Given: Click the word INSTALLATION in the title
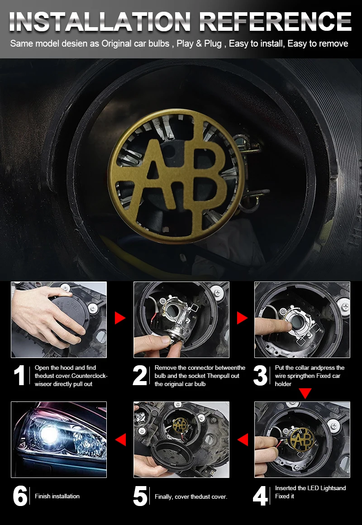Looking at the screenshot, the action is click(x=100, y=22).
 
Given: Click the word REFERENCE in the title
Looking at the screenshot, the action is click(x=275, y=22).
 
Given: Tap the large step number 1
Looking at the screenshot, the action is click(x=19, y=375).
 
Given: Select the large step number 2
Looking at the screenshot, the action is click(x=140, y=375).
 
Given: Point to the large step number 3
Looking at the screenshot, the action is click(x=260, y=375).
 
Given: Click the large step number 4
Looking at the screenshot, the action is click(x=260, y=496).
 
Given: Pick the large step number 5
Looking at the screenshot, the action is click(x=140, y=496).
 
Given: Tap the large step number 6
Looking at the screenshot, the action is click(x=20, y=496).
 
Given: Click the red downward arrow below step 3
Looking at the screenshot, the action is click(x=305, y=393).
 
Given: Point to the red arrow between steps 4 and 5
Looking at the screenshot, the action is click(x=243, y=439).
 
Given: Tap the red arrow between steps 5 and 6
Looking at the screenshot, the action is click(x=120, y=439).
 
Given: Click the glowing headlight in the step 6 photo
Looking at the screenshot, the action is click(x=50, y=434).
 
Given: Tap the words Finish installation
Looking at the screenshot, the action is click(x=57, y=496).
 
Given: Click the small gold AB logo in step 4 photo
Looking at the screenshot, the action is click(x=302, y=439).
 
